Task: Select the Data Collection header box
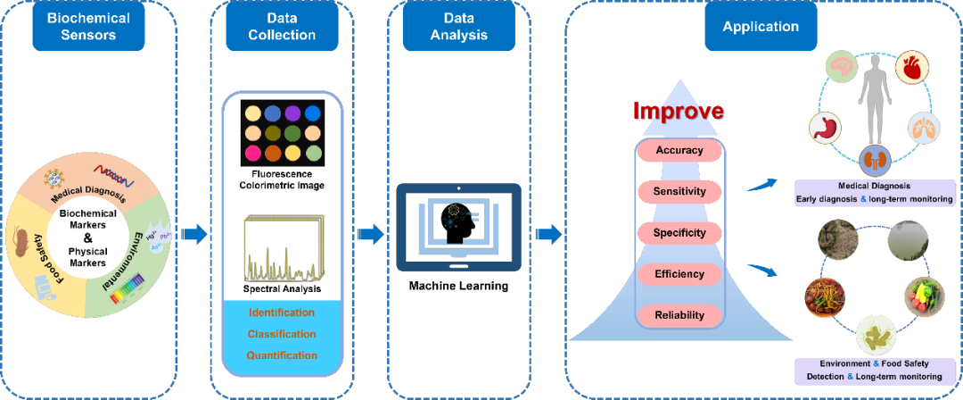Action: pos(282,26)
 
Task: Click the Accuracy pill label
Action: pos(679,150)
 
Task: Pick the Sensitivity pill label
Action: pos(679,191)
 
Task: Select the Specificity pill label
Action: pos(679,232)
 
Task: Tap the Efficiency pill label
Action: pos(679,273)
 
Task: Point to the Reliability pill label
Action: pos(679,314)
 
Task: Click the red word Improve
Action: pos(679,112)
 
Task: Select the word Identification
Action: pos(282,312)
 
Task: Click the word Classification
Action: pos(282,334)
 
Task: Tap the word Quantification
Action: pos(282,355)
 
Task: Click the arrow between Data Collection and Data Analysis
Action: pos(370,235)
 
